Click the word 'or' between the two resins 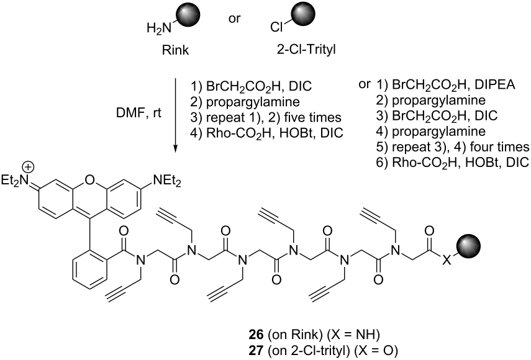234,19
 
